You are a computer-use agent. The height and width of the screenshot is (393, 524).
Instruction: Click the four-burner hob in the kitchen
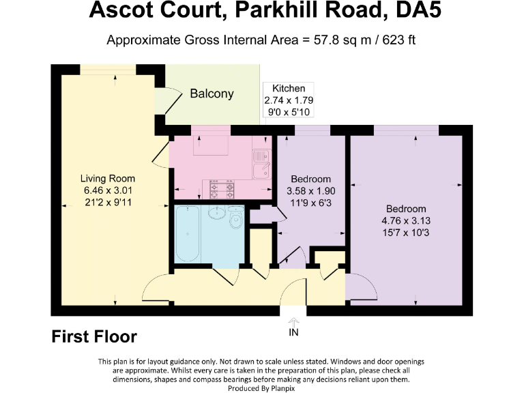(x=222, y=188)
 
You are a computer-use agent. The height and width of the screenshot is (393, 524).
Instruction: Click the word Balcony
(x=212, y=94)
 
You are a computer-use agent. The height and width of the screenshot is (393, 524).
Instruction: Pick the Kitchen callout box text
(x=289, y=100)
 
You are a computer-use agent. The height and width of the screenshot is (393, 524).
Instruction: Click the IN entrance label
(x=293, y=332)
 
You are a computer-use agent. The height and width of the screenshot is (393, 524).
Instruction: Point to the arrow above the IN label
(x=293, y=321)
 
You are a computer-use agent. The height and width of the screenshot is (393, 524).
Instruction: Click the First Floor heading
(x=94, y=336)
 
